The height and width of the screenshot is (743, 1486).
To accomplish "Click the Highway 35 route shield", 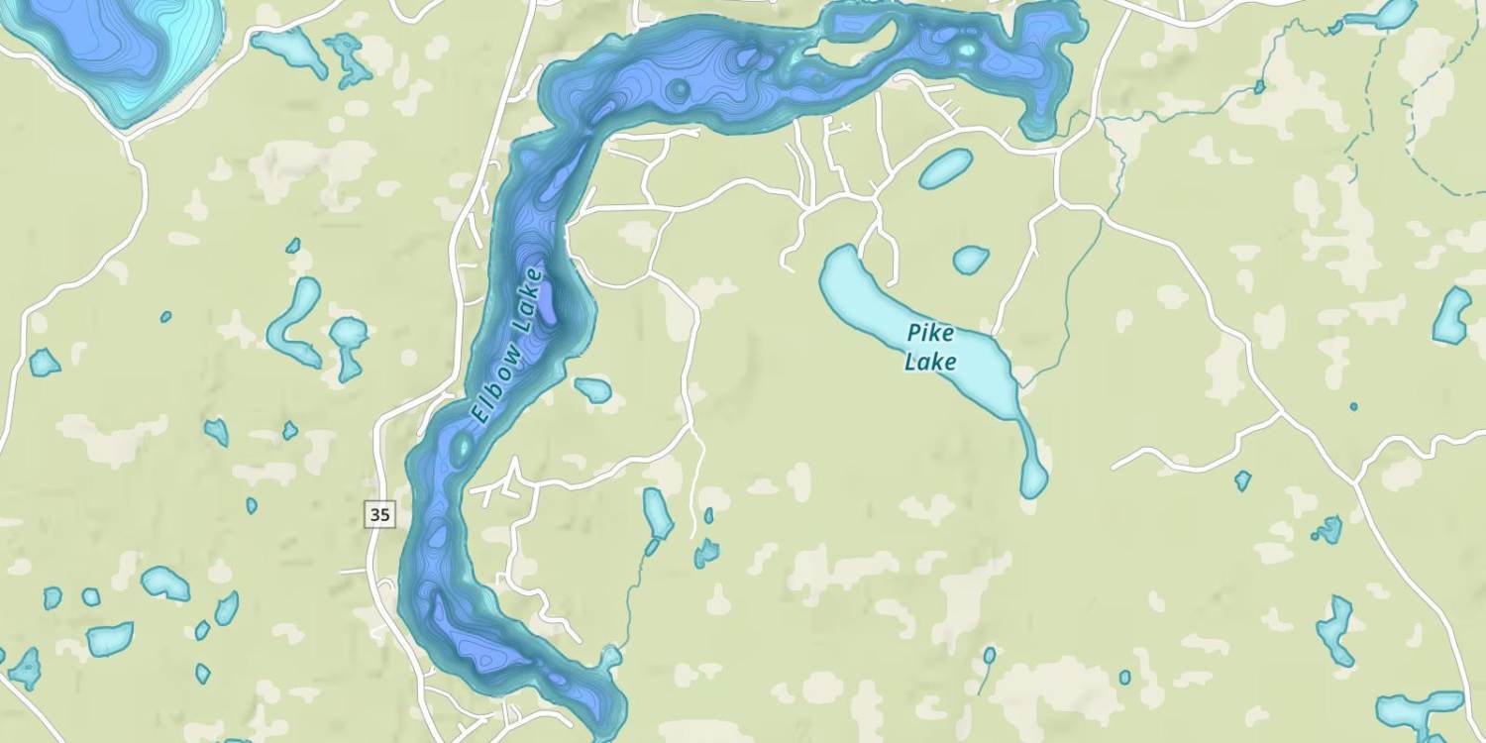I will pyautogui.click(x=379, y=514).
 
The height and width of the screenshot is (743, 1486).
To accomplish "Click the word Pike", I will pyautogui.click(x=930, y=334).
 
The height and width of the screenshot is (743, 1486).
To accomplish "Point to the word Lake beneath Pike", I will pyautogui.click(x=930, y=362).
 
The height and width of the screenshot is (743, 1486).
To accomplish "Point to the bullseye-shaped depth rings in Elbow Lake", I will pyautogui.click(x=679, y=90).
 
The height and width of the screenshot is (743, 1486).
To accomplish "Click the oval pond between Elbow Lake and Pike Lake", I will pyautogui.click(x=945, y=168).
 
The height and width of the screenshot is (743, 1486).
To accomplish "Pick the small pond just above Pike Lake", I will pyautogui.click(x=971, y=260).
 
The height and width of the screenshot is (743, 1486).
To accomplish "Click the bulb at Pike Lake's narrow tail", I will pyautogui.click(x=1034, y=480).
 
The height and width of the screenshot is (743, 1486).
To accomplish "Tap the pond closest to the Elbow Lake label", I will pyautogui.click(x=594, y=390).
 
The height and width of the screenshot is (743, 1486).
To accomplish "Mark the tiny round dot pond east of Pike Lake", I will pyautogui.click(x=1353, y=406).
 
